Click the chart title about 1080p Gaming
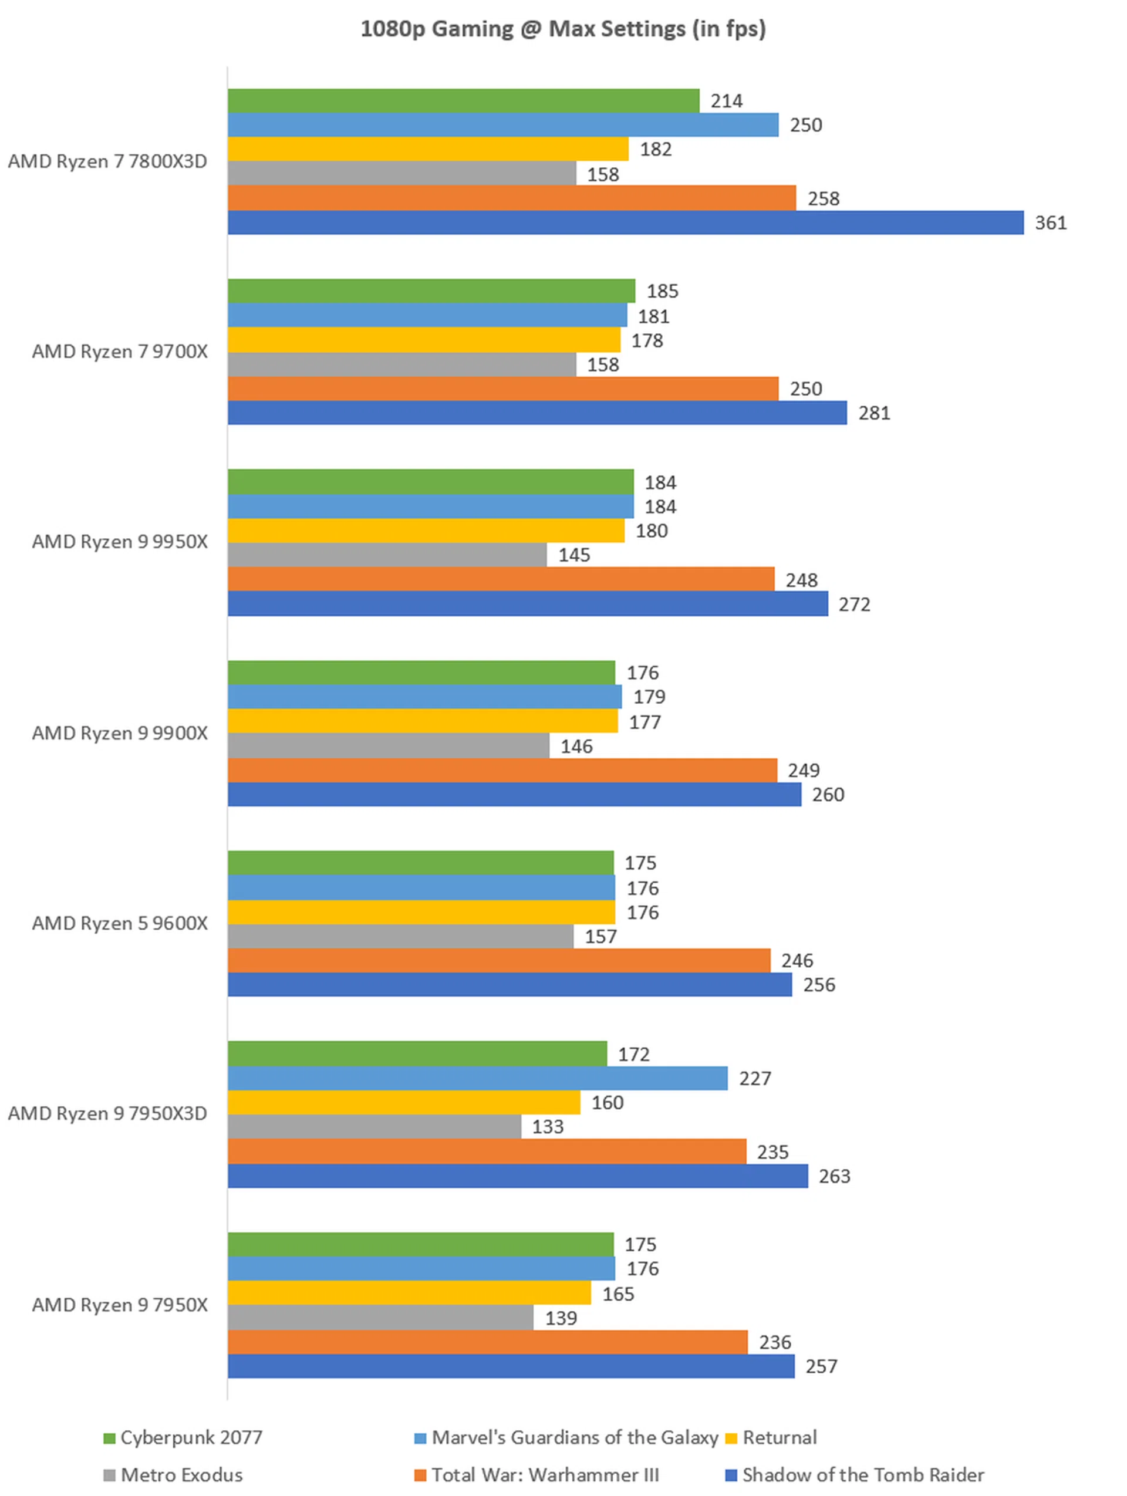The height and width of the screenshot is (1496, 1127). click(x=563, y=29)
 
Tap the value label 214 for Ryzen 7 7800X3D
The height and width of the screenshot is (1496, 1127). click(x=727, y=101)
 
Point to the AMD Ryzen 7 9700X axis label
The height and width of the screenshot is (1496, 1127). click(x=120, y=352)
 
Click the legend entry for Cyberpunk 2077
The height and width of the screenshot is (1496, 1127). click(x=183, y=1437)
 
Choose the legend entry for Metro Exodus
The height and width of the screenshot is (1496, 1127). click(x=173, y=1474)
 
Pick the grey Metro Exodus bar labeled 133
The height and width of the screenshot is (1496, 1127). click(x=374, y=1127)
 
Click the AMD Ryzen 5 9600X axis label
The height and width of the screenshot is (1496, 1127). click(x=120, y=923)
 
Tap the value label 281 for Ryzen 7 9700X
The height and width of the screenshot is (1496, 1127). click(x=874, y=413)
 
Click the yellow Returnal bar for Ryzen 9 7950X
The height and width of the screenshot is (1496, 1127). click(x=409, y=1293)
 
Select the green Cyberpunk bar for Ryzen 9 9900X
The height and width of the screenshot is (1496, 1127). click(x=421, y=672)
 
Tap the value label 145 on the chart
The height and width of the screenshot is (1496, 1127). click(x=573, y=555)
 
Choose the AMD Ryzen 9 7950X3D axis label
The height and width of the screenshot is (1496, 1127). click(x=107, y=1113)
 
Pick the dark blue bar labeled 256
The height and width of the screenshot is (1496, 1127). click(x=509, y=984)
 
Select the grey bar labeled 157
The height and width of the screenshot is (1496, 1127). click(x=400, y=936)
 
